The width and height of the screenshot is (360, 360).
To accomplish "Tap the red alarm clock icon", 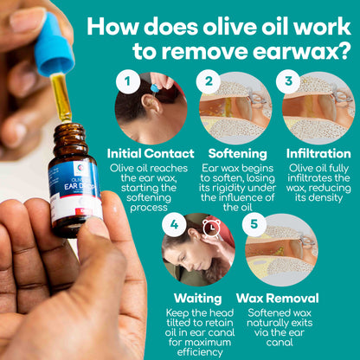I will click(211, 228).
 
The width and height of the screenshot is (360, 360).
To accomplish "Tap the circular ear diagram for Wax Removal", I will click(280, 251).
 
